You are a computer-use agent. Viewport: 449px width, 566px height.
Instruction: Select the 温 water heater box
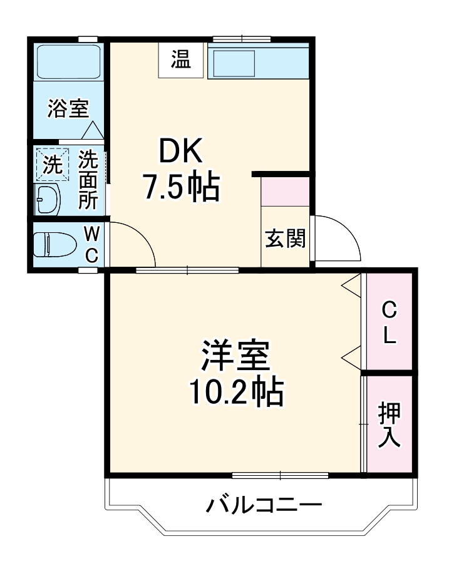pos(182,61)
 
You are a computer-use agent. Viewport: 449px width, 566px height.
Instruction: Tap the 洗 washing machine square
pos(51,165)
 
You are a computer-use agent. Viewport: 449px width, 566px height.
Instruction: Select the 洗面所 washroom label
pos(88,179)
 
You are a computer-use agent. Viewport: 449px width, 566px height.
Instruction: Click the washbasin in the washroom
pos(47,200)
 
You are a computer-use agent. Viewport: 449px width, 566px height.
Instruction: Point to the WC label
pos(91,245)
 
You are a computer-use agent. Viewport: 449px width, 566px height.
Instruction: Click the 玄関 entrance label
pos(285,238)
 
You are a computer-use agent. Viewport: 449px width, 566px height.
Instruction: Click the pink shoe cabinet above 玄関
pos(286,192)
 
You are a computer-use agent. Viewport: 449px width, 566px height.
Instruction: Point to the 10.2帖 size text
pos(236,393)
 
